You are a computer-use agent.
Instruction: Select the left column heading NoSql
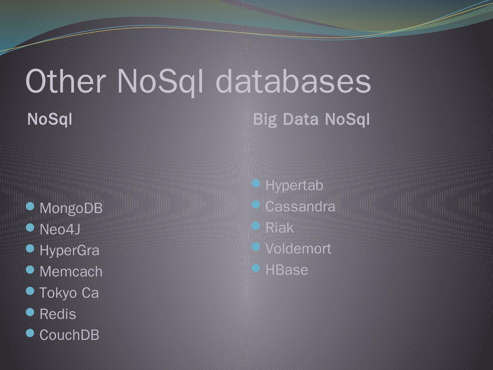(x=50, y=119)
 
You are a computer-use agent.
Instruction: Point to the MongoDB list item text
(x=71, y=208)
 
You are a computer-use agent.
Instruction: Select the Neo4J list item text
(x=60, y=230)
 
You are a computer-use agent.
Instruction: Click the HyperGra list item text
(x=69, y=251)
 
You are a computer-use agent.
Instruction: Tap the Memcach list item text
(x=71, y=272)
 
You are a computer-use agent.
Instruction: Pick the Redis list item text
(x=58, y=314)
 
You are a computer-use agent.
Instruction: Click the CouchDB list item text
(x=69, y=335)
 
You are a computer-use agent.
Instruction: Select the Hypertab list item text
(x=294, y=185)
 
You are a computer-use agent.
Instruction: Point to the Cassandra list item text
(x=300, y=207)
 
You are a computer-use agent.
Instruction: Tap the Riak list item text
(x=279, y=228)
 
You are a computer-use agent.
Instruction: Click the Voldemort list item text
(x=298, y=249)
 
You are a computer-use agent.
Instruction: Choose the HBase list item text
(x=287, y=270)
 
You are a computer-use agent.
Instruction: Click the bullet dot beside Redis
(x=30, y=312)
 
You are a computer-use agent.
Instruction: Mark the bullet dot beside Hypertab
(x=256, y=184)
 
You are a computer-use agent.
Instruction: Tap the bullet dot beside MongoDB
(x=30, y=206)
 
